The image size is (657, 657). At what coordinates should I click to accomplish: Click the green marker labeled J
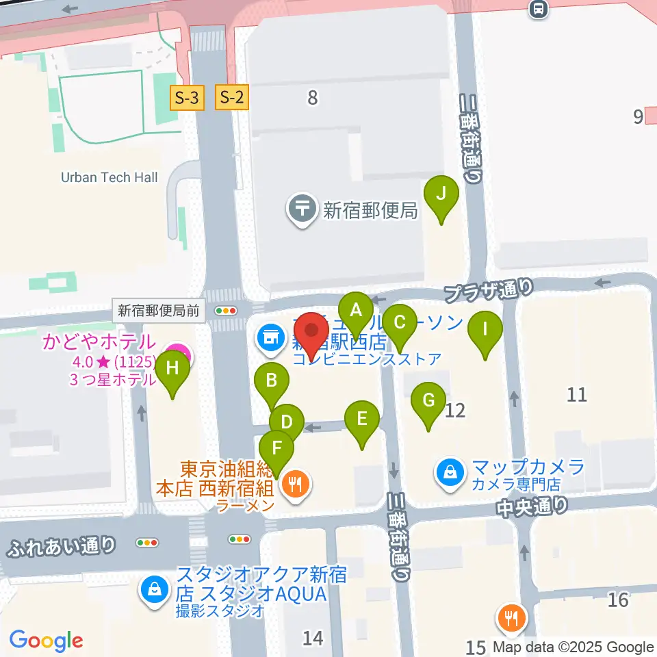pyautogui.click(x=441, y=195)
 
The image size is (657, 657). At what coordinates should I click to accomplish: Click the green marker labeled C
pyautogui.click(x=399, y=322)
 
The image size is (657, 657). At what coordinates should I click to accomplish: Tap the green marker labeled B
pyautogui.click(x=272, y=381)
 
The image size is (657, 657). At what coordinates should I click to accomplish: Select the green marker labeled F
pyautogui.click(x=276, y=450)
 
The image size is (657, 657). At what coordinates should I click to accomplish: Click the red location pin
pyautogui.click(x=313, y=331)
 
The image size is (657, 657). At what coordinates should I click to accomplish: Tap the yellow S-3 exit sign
pyautogui.click(x=187, y=98)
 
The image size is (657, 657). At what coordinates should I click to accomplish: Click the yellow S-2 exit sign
pyautogui.click(x=231, y=98)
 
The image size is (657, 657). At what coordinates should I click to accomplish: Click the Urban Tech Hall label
pyautogui.click(x=109, y=177)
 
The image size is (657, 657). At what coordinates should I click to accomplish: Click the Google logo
pyautogui.click(x=47, y=641)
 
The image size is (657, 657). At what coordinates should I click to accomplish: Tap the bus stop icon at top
pyautogui.click(x=539, y=8)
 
